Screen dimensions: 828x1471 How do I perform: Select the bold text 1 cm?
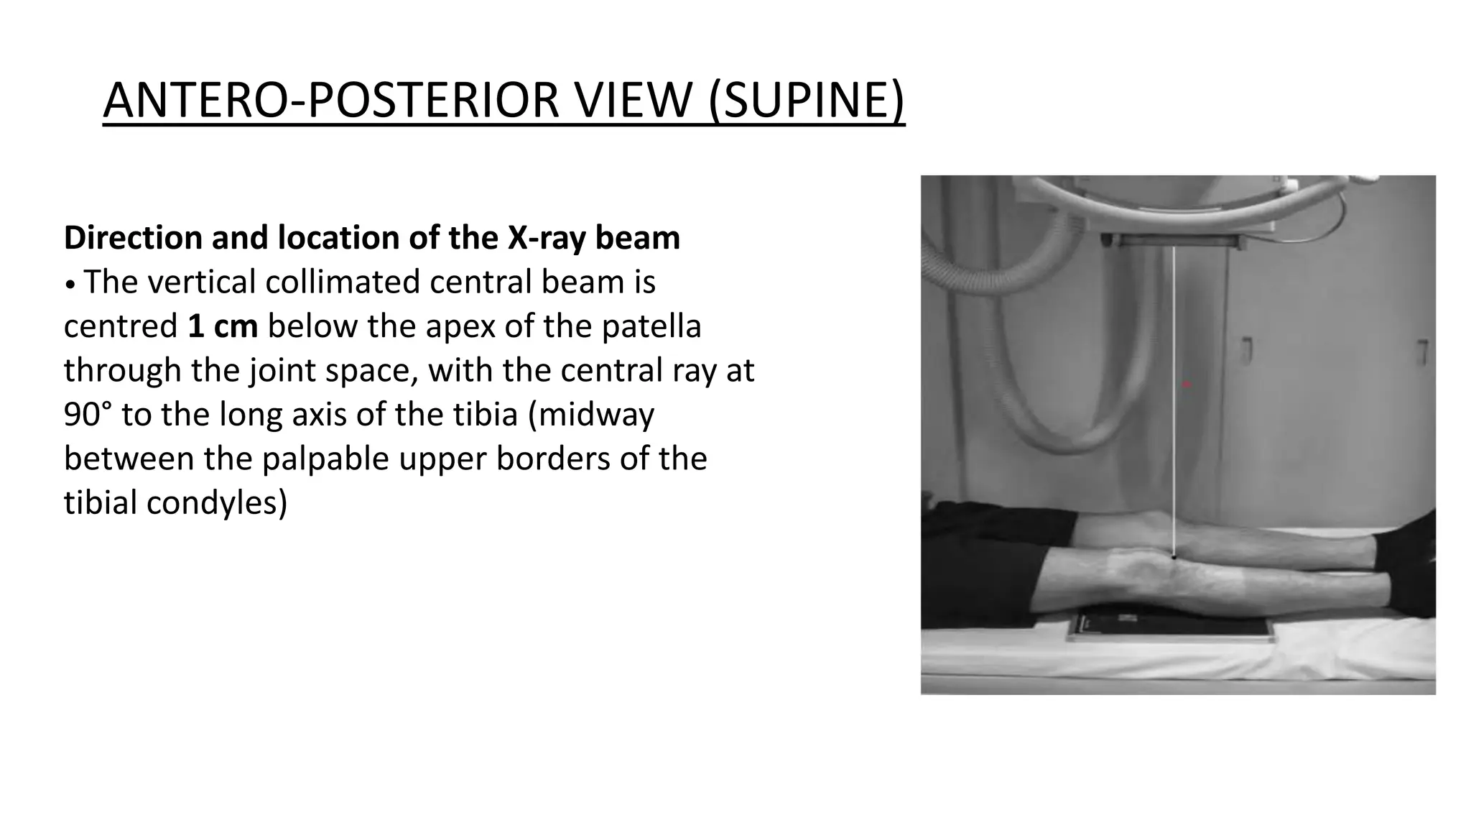[x=223, y=326]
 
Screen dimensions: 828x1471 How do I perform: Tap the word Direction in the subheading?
[x=132, y=238]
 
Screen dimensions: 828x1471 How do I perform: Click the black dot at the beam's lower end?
[x=1174, y=556]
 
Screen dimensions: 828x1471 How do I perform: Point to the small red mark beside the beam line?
[x=1187, y=385]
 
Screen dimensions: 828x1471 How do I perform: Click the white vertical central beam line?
[x=1174, y=402]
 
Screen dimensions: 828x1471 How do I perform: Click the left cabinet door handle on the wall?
[x=1248, y=351]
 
